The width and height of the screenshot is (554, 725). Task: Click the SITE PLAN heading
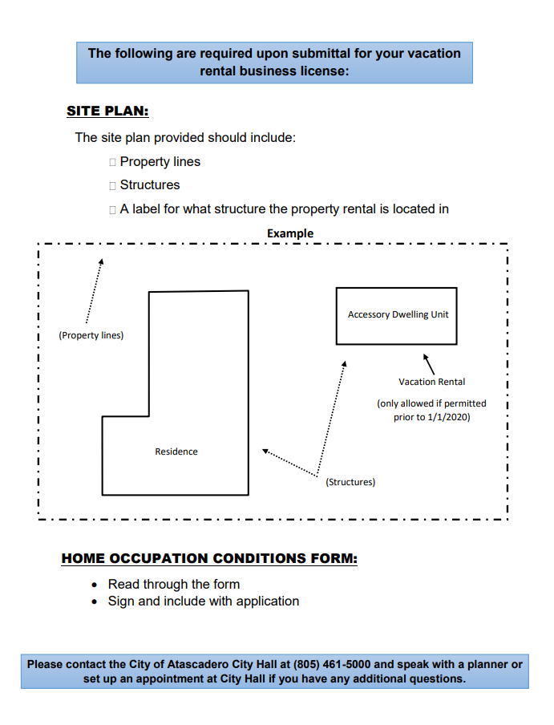point(107,111)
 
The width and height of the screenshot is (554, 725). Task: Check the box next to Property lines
point(112,162)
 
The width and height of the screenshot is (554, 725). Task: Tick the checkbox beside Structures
point(112,185)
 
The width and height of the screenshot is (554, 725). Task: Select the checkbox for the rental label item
point(112,209)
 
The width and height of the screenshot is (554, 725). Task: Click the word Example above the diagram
point(290,233)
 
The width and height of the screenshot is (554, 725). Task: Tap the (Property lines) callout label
point(91,335)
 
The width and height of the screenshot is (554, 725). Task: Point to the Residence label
point(176,452)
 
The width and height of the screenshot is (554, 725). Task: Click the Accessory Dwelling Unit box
point(397,315)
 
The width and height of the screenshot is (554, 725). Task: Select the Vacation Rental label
point(431,382)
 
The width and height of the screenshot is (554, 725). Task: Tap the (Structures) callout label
point(350,482)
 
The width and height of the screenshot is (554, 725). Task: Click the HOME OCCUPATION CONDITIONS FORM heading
point(209,558)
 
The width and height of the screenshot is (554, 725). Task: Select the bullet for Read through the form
point(95,585)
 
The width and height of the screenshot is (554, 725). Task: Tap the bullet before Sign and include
point(95,601)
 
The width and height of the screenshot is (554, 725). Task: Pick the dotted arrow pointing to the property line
point(93,293)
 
